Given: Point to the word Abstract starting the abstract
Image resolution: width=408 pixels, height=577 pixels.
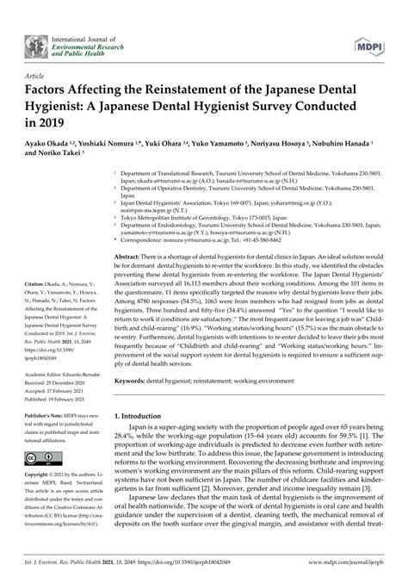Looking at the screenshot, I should pos(127,233).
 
